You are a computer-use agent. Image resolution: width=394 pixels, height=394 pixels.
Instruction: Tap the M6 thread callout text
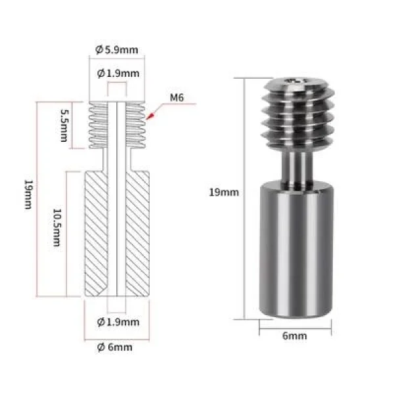[177, 98]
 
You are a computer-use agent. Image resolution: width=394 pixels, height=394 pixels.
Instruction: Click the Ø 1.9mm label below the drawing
[118, 322]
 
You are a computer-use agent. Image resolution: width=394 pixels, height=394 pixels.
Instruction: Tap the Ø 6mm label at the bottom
[116, 347]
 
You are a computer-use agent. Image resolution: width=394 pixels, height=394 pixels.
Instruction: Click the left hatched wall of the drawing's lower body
[95, 233]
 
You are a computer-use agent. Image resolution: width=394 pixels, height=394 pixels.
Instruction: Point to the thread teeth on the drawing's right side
[137, 125]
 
